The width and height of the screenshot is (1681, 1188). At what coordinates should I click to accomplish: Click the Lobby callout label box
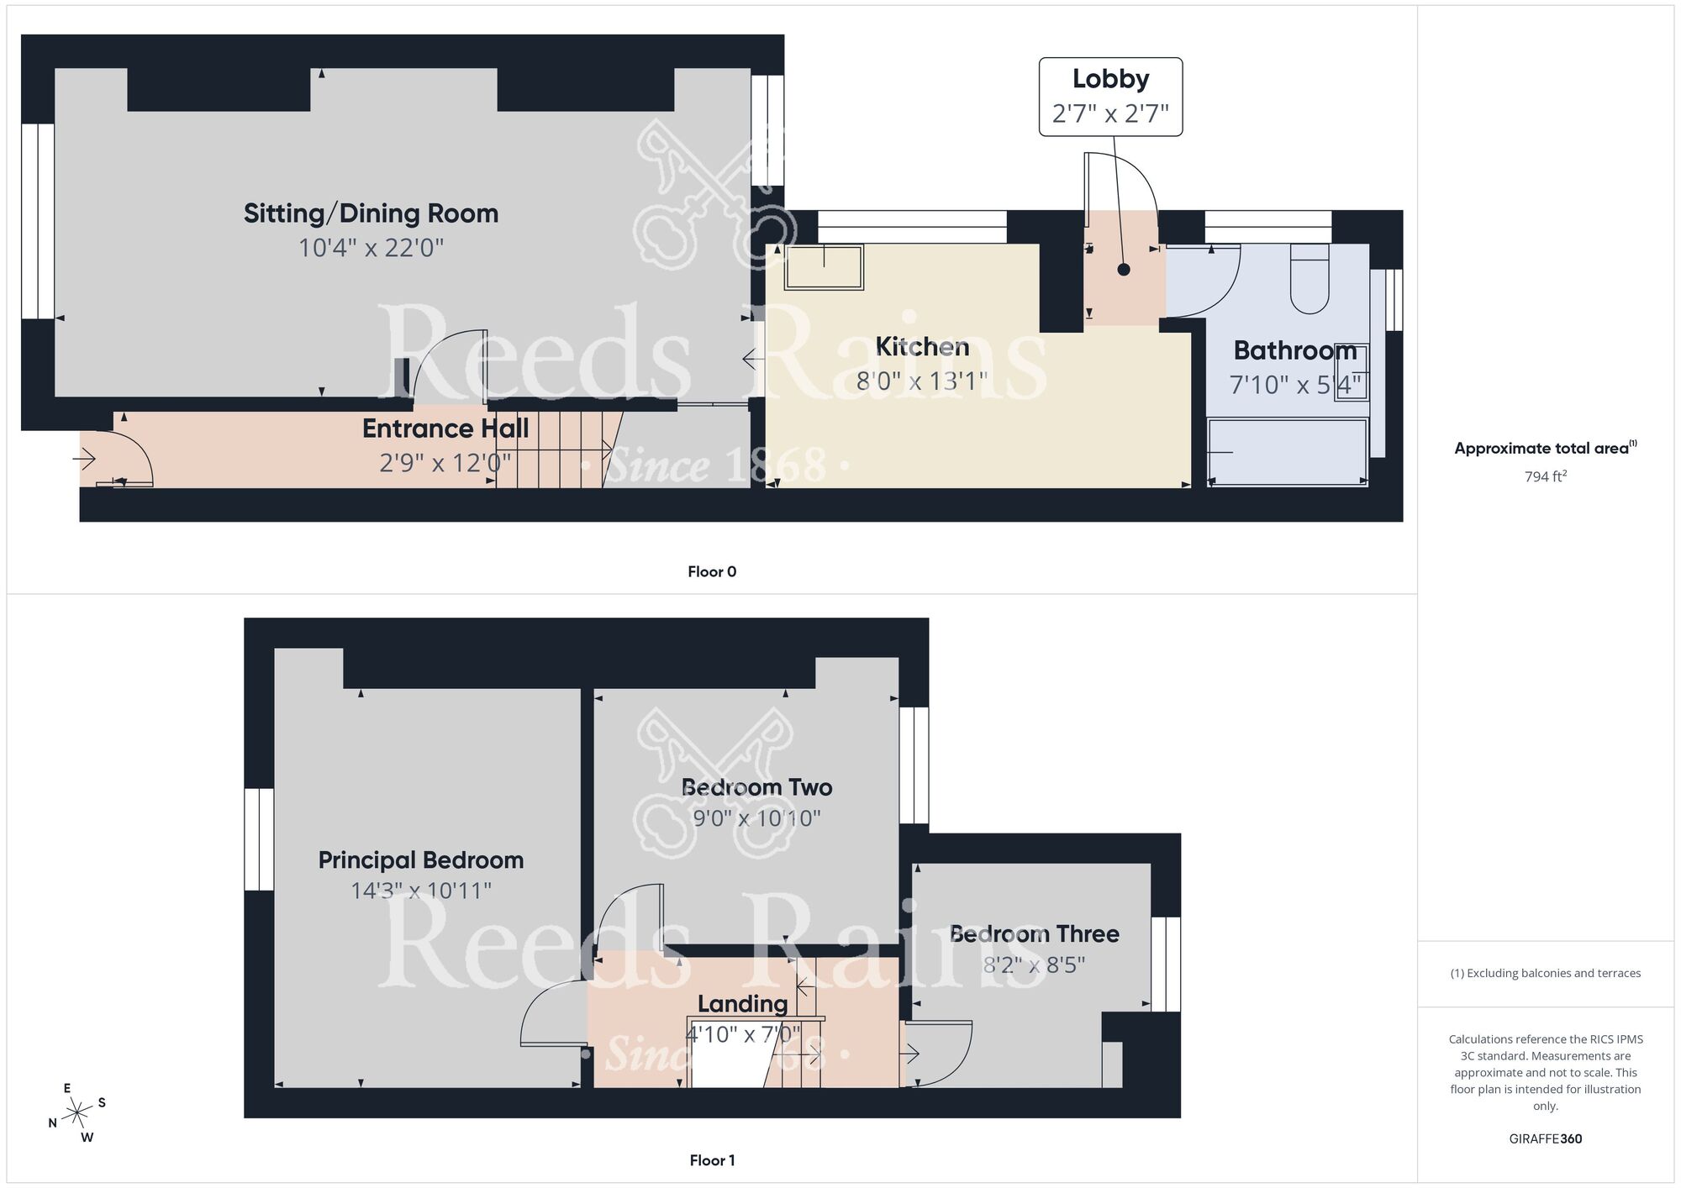1110,97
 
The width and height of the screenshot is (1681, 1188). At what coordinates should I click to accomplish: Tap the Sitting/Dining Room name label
371,213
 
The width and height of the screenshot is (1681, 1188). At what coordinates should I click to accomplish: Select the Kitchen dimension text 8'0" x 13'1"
921,381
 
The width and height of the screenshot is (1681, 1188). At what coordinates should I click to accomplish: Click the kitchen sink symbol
824,267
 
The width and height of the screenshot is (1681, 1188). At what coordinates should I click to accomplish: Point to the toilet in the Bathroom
1309,280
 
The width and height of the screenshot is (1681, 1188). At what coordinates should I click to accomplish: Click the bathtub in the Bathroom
1287,453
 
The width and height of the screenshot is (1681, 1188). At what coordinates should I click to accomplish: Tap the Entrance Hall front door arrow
85,460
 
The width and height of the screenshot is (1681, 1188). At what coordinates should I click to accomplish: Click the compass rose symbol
77,1113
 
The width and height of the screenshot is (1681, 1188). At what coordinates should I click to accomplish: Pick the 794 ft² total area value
1545,476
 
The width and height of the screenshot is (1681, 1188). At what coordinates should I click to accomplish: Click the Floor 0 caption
712,572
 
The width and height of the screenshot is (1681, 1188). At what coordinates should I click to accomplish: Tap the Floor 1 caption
712,1160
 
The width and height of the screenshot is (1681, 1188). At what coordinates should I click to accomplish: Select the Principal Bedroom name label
420,860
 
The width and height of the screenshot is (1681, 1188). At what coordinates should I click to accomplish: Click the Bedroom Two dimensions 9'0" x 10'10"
756,818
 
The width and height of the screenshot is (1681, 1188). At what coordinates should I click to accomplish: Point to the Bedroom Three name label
1034,934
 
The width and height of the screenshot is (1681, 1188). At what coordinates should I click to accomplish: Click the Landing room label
742,1004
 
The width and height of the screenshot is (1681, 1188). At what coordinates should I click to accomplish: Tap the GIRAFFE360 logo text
1545,1139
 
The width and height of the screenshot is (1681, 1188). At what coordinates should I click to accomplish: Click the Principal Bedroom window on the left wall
260,838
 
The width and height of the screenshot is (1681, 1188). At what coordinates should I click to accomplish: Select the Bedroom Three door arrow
910,1054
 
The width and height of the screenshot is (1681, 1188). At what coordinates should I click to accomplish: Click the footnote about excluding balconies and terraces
1545,974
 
